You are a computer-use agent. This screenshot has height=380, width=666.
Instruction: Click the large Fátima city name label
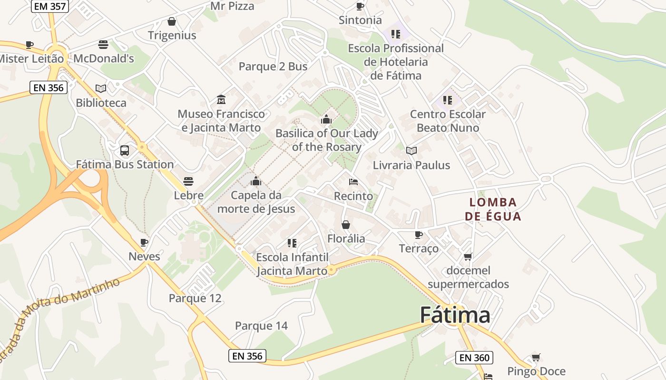click(x=455, y=315)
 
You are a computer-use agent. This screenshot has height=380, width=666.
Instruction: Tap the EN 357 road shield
click(x=50, y=6)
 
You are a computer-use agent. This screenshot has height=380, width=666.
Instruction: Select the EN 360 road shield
click(x=474, y=358)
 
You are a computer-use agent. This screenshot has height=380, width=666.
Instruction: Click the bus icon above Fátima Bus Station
click(x=125, y=151)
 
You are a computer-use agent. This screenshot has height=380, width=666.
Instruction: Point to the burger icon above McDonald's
click(x=103, y=45)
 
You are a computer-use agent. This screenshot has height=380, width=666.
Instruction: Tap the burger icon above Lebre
click(x=188, y=181)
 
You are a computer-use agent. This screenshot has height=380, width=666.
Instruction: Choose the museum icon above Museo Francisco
click(x=221, y=100)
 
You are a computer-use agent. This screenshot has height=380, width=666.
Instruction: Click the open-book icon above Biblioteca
click(x=101, y=88)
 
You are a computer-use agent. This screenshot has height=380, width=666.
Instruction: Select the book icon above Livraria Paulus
click(x=411, y=151)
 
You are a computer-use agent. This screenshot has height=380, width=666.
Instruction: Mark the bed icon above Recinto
click(x=353, y=182)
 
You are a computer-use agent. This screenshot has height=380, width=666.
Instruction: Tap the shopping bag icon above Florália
click(x=346, y=224)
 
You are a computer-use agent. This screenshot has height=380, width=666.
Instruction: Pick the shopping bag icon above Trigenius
click(x=172, y=21)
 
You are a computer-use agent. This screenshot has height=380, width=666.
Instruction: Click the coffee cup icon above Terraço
click(x=419, y=235)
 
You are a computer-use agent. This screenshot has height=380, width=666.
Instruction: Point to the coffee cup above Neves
click(x=144, y=242)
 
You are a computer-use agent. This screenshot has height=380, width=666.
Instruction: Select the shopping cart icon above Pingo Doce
click(x=536, y=357)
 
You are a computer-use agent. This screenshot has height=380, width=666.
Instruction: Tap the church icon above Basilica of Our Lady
click(x=326, y=119)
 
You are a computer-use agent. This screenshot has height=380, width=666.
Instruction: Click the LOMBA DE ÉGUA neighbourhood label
click(x=493, y=209)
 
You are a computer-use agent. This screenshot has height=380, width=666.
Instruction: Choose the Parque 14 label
click(x=261, y=326)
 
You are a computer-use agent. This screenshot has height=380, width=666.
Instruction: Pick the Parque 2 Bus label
click(x=273, y=66)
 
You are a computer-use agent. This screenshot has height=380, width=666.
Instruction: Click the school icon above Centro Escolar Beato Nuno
click(x=448, y=100)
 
